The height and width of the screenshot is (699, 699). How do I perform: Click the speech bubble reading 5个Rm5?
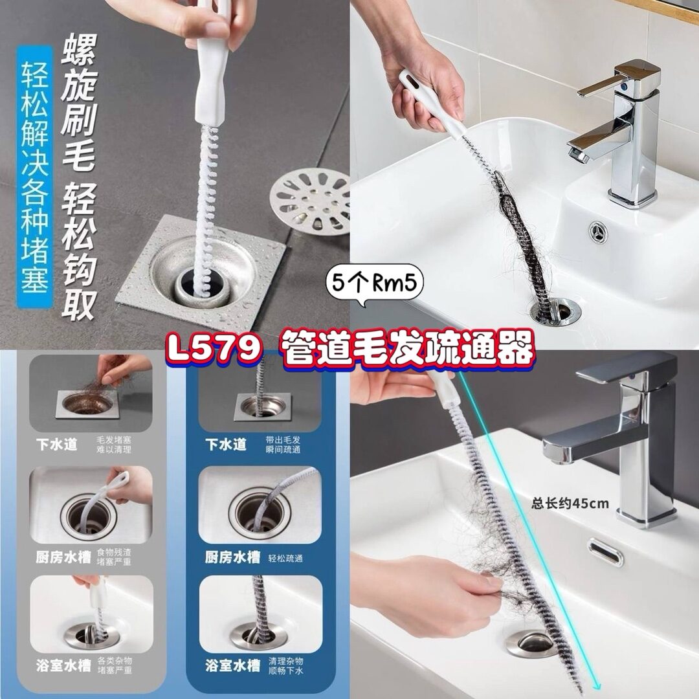(x=375, y=283)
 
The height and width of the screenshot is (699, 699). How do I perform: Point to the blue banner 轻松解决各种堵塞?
(x=35, y=177)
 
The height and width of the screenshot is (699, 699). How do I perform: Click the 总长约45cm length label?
(x=570, y=504)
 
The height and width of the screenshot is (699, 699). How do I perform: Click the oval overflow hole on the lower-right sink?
(x=605, y=551)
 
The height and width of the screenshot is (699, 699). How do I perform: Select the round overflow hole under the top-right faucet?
(x=597, y=232)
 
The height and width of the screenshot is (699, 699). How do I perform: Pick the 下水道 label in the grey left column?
(x=56, y=445)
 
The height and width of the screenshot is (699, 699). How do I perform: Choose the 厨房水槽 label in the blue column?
(x=232, y=557)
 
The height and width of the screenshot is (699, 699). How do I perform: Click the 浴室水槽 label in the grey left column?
(x=63, y=665)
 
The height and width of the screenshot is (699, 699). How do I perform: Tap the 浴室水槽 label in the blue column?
(x=232, y=665)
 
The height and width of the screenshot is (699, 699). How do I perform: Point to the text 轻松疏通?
(x=285, y=558)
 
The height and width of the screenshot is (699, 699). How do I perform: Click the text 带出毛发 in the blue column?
(x=283, y=440)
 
